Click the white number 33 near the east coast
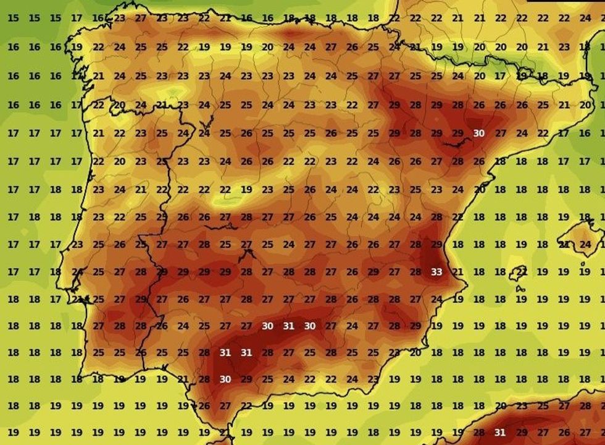point(436,272)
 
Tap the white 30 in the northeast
point(478,133)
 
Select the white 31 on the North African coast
point(500,433)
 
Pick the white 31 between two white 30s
point(288,326)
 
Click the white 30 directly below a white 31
point(225,379)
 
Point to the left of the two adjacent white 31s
point(225,352)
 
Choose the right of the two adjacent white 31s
point(246,352)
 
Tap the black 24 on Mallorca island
point(585,244)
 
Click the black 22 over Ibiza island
point(522,272)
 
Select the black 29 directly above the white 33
point(436,244)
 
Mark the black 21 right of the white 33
point(457,272)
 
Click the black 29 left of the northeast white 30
point(457,133)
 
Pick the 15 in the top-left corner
point(13,18)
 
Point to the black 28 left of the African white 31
point(478,433)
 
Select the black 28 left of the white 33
point(415,272)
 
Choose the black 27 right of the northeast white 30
point(501,133)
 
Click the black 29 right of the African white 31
point(522,433)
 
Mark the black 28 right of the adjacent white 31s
point(267,352)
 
